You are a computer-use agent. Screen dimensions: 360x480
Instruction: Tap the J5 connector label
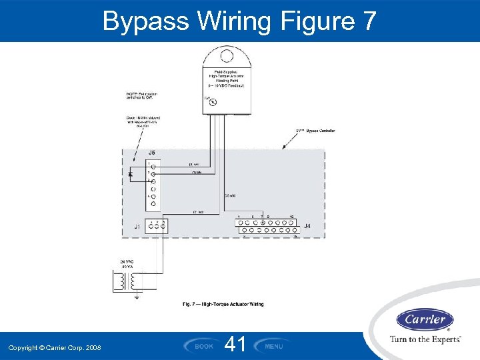(x=151, y=152)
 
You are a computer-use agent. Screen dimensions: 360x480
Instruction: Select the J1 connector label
(x=137, y=227)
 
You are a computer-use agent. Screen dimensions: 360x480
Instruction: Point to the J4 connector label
(x=307, y=226)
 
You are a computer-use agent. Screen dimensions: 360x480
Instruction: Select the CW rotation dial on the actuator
(x=213, y=102)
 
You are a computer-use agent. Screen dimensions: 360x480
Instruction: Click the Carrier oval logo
(x=425, y=320)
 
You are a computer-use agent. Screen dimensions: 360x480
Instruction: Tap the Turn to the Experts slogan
(x=425, y=339)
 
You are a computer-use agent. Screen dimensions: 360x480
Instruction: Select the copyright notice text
(x=55, y=347)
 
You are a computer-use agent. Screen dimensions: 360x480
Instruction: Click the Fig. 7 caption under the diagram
(x=223, y=304)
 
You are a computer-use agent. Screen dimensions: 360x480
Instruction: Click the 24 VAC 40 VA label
(x=127, y=264)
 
